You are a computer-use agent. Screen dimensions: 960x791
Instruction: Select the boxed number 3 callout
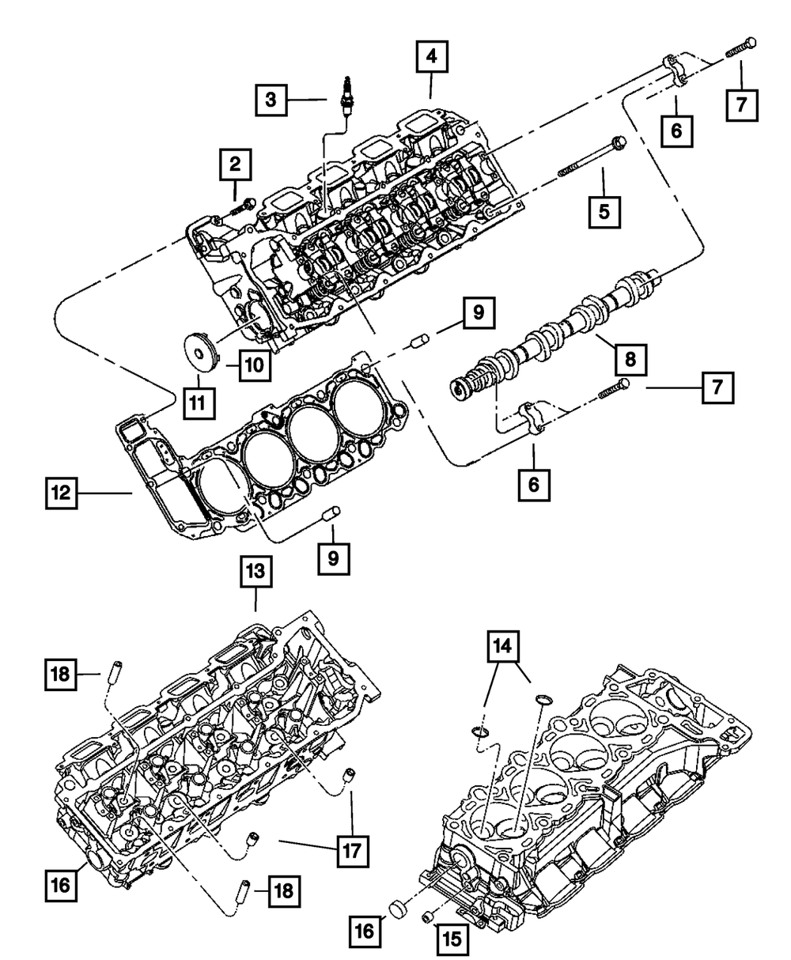pyautogui.click(x=271, y=100)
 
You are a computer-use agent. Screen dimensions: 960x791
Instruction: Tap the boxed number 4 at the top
pyautogui.click(x=430, y=56)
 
